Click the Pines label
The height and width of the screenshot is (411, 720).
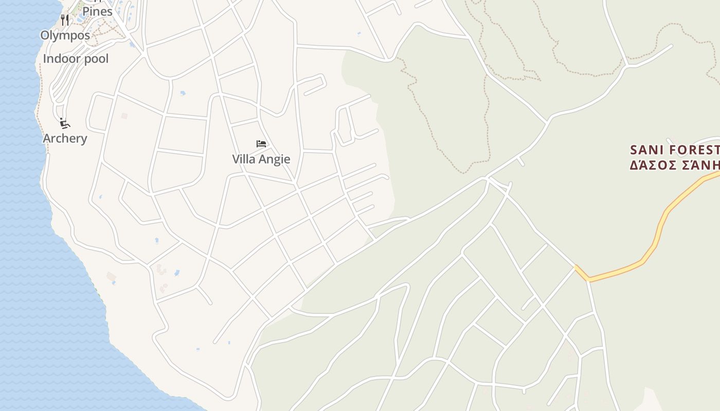(x=97, y=11)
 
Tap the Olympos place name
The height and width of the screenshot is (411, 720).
(x=65, y=35)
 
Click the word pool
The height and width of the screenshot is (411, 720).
(x=97, y=59)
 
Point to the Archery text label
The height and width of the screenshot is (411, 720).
(x=65, y=138)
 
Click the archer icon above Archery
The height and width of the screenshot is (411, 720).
(x=64, y=123)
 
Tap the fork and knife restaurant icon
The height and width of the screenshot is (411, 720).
(x=65, y=20)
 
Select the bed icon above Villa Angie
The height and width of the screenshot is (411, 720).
(x=261, y=144)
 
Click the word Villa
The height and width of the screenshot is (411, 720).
(x=244, y=159)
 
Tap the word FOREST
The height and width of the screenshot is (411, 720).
(x=695, y=150)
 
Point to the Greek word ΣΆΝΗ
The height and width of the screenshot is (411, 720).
(x=703, y=165)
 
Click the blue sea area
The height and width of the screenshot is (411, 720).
(x=31, y=257)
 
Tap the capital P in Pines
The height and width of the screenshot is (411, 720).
(x=86, y=11)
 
